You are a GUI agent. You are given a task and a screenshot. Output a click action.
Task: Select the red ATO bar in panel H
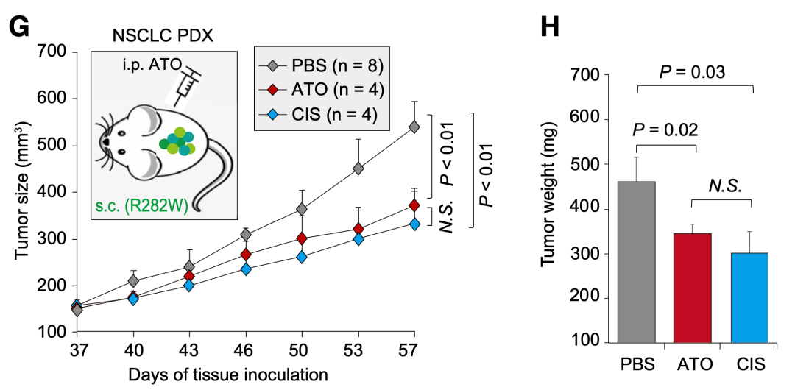click(693, 288)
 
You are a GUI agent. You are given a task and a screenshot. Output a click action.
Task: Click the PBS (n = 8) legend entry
click(321, 66)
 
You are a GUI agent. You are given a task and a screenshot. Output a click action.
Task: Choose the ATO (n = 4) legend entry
click(321, 90)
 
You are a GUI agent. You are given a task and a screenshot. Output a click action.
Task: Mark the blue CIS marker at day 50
click(301, 257)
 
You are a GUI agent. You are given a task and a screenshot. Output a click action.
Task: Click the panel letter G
click(19, 26)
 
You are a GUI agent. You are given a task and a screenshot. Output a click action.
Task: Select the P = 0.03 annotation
click(692, 72)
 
